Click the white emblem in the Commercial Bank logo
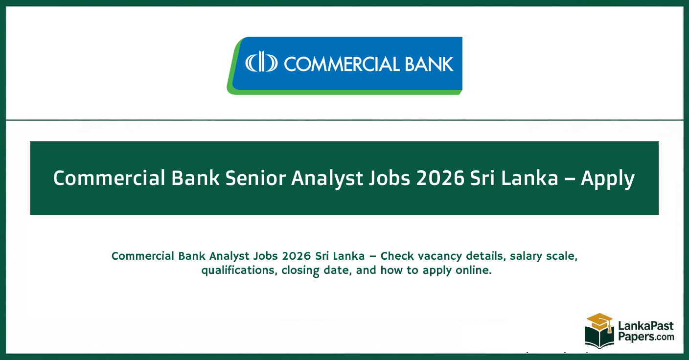tap(261, 64)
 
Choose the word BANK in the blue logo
tap(429, 64)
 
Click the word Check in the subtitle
tap(397, 256)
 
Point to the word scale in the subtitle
tap(559, 256)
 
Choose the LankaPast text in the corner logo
tap(645, 325)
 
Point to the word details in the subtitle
tap(482, 256)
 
